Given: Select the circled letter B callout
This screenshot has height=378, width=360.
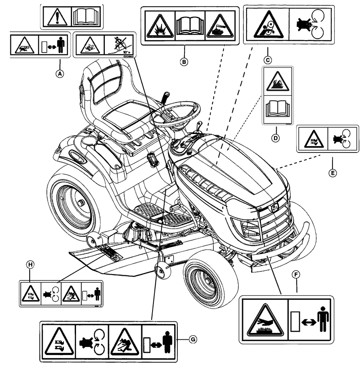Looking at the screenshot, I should click(x=184, y=63).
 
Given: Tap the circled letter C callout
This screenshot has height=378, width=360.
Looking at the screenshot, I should click(x=268, y=58).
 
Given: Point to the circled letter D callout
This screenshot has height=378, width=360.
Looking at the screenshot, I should click(x=276, y=138).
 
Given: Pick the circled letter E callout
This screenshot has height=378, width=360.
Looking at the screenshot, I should click(x=333, y=172).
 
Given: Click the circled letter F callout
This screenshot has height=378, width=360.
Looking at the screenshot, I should click(x=296, y=273).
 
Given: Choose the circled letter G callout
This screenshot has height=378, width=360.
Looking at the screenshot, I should click(x=192, y=339).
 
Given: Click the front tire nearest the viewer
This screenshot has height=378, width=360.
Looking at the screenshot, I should click(x=205, y=281).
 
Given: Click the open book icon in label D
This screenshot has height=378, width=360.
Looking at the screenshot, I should click(x=275, y=109).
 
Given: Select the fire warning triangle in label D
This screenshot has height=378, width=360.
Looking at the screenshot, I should click(x=275, y=82).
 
